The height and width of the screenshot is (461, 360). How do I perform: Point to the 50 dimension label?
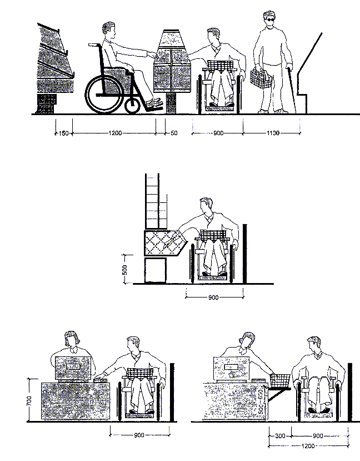coord(174,134)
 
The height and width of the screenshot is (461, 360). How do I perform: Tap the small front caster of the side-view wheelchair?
coord(132,105)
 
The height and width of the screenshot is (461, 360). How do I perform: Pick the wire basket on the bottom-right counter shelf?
coord(280,380)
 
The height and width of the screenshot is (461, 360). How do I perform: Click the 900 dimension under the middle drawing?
coord(214,298)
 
